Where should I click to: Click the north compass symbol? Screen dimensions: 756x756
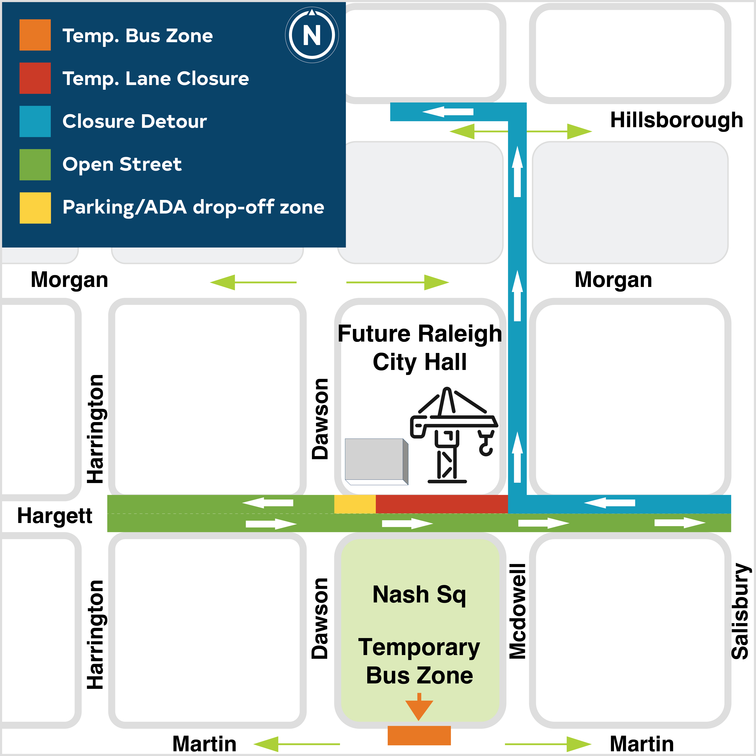pyautogui.click(x=312, y=35)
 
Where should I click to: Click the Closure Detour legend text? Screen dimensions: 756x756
pyautogui.click(x=135, y=121)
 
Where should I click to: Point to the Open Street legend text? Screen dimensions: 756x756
pyautogui.click(x=122, y=164)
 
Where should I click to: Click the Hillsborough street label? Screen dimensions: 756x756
pyautogui.click(x=677, y=120)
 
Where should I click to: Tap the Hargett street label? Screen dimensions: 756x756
pyautogui.click(x=55, y=516)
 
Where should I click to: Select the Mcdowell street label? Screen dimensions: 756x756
pyautogui.click(x=517, y=611)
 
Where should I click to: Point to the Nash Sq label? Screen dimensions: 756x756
pyautogui.click(x=419, y=595)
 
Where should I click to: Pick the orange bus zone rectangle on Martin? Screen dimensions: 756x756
pyautogui.click(x=419, y=736)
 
